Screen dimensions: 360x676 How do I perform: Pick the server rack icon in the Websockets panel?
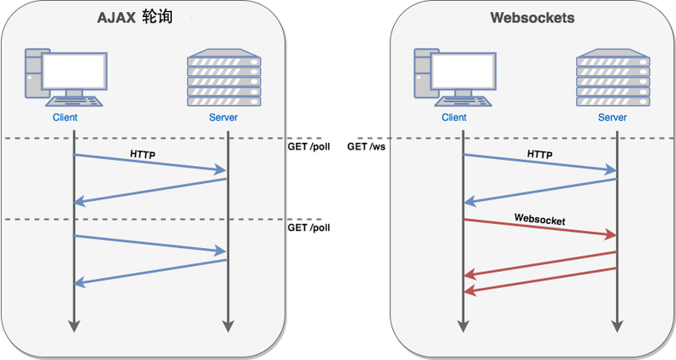611,78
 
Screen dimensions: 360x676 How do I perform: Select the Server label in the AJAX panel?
223,117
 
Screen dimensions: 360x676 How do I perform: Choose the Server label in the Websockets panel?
612,117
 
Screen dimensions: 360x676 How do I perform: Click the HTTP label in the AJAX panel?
142,155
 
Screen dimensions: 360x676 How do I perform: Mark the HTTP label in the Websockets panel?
539,155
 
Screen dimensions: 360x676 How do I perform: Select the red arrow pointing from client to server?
540,227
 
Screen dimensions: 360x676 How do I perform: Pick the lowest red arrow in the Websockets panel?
540,280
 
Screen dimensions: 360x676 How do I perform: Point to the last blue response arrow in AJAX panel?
150,272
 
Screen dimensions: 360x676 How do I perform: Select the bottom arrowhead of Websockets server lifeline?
617,326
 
